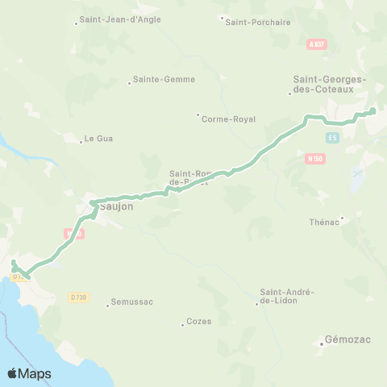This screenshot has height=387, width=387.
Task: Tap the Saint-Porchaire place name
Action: [x=258, y=22]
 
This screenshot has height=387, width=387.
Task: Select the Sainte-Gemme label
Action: [x=164, y=80]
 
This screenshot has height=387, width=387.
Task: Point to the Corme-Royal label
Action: [x=230, y=119]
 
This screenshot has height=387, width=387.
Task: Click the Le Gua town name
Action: [x=98, y=139]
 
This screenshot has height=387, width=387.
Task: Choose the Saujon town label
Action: [x=118, y=206]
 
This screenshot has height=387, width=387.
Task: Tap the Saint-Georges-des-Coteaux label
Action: [x=328, y=84]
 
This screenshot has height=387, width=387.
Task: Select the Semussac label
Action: [x=132, y=302]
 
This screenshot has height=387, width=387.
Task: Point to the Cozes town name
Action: [x=198, y=321]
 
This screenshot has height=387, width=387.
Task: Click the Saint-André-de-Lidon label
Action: [x=288, y=296]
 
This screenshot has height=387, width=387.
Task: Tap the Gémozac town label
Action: [x=348, y=339]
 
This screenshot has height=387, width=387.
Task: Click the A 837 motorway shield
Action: [x=317, y=44]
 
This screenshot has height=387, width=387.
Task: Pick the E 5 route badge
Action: [x=332, y=138]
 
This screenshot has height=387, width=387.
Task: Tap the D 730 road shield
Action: [x=78, y=298]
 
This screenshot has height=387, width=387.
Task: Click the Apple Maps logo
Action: [x=30, y=373]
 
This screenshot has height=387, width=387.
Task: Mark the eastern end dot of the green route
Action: [x=372, y=110]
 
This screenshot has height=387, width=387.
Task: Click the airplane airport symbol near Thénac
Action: [x=358, y=173]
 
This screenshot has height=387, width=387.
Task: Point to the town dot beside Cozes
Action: [x=183, y=324]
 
